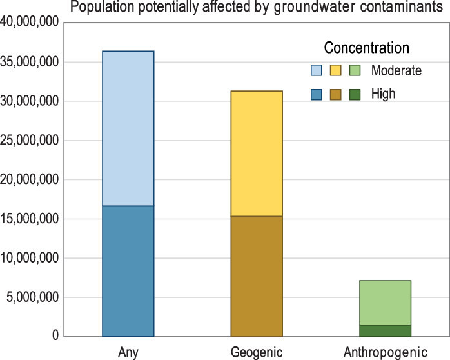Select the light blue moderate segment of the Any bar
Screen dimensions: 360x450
tap(128, 128)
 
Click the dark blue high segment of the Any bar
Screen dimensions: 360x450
tap(128, 271)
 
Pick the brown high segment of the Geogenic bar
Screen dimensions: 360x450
tap(256, 276)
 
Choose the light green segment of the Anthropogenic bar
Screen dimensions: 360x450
tap(385, 303)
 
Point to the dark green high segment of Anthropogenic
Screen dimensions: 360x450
tap(385, 330)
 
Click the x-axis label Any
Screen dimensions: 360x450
tap(128, 352)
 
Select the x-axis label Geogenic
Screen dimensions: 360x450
tap(256, 352)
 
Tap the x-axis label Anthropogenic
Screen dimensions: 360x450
tap(385, 352)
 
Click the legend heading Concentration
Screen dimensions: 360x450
tap(366, 48)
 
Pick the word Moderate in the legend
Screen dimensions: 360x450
tap(396, 70)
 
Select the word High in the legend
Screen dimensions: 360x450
tap(383, 94)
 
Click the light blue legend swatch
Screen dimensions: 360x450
tap(317, 70)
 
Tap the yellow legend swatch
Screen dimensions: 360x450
tap(335, 70)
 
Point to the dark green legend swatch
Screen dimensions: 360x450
tap(354, 94)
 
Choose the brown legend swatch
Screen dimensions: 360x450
tap(335, 94)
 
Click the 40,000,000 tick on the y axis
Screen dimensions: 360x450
tap(30, 23)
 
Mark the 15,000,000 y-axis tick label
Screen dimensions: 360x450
tap(30, 219)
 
